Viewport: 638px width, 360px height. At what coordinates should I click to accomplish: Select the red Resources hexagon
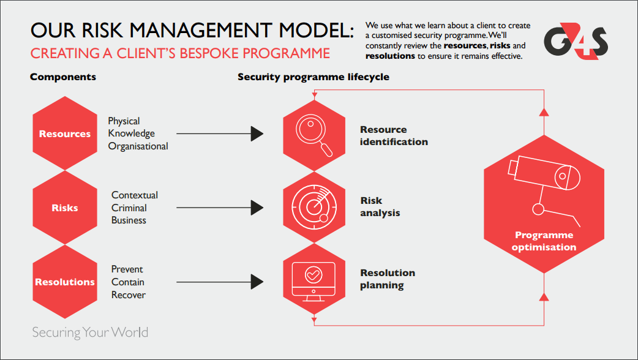65,134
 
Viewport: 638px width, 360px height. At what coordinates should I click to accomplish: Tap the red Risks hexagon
65,208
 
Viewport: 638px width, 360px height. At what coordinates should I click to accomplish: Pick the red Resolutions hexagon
65,282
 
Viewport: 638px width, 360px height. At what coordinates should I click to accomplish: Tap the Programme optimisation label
544,241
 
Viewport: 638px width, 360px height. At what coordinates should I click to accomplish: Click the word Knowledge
131,133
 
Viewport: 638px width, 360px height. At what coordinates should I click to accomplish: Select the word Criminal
129,208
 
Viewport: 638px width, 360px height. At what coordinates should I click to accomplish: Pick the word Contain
128,282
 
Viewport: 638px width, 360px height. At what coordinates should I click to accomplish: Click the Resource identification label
394,136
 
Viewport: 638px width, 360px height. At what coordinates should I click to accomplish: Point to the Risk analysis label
380,207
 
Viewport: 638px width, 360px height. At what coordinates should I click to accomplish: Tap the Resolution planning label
388,279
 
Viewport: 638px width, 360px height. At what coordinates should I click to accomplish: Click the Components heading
63,77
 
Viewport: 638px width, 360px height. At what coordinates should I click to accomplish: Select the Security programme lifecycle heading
313,77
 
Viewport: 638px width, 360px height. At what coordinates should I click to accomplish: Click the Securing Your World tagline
90,333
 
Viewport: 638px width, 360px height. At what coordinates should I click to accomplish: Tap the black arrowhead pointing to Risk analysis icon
257,208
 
